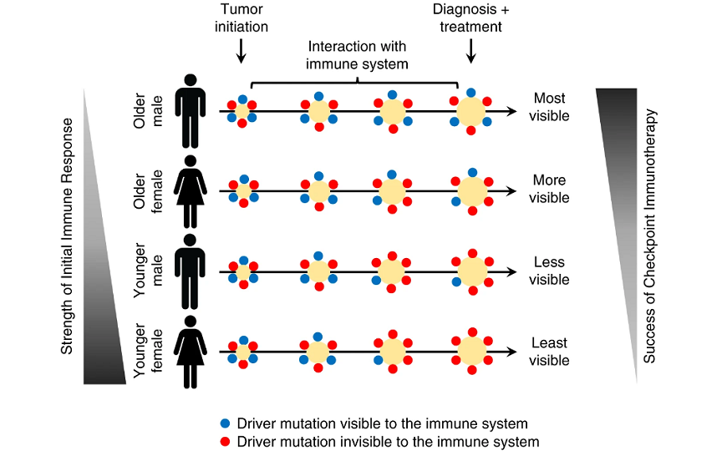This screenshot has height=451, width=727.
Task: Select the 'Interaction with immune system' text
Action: pos(358,54)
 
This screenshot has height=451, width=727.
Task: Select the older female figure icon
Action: pos(191,191)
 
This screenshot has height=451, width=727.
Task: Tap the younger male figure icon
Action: pos(191,272)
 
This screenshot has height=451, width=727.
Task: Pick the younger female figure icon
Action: pos(191,352)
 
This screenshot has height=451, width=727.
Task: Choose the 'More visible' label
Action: pos(550,189)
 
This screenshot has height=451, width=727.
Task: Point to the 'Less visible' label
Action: pos(550,271)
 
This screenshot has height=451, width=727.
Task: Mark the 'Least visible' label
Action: pos(550,352)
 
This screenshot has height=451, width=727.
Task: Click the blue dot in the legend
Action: pos(225,424)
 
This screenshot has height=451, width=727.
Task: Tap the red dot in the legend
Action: pos(225,442)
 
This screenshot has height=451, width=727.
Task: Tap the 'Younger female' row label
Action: pos(150,352)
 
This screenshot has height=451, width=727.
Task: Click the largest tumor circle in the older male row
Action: pos(471,110)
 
